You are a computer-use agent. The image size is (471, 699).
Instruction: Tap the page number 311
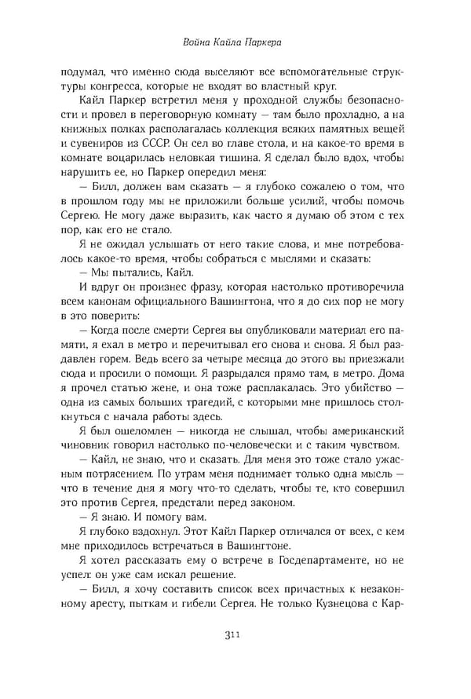point(235,656)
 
